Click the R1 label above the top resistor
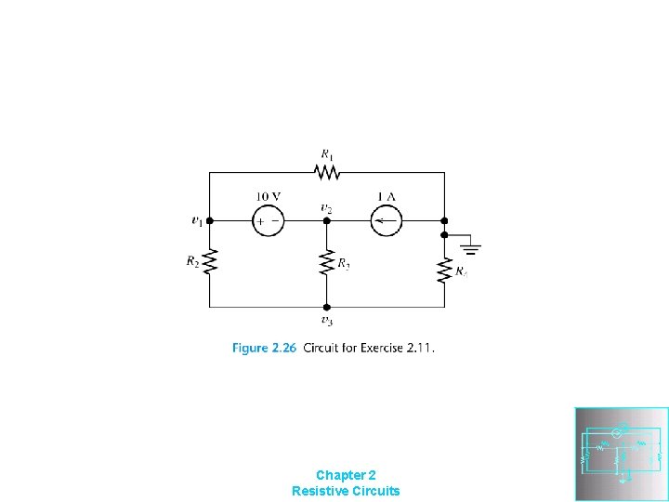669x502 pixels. tap(327, 154)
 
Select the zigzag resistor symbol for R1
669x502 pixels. tap(327, 172)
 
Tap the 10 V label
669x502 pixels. tap(269, 196)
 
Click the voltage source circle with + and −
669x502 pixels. tap(269, 221)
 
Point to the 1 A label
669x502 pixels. tap(386, 196)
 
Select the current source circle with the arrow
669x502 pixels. tap(386, 221)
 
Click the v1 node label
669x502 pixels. tap(197, 221)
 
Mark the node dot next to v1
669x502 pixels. tap(210, 221)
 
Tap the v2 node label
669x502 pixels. tap(326, 208)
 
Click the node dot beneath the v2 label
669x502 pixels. tap(327, 221)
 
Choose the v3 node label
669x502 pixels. tap(327, 321)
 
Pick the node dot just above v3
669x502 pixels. tap(327, 307)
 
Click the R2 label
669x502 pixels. tap(192, 262)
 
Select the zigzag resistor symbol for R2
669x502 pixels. tap(210, 263)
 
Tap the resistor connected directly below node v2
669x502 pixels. tap(327, 263)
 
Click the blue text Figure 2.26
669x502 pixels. tap(263, 349)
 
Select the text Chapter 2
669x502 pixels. tap(346, 474)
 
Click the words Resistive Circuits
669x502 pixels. tap(346, 491)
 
